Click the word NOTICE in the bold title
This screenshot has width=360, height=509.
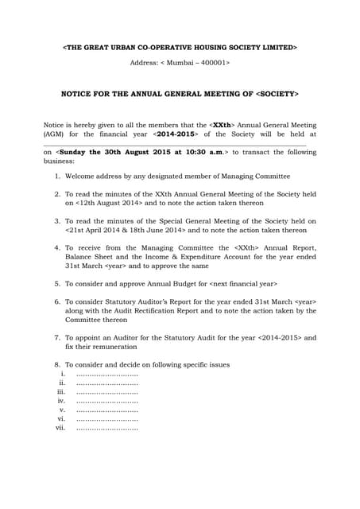[x=79, y=94]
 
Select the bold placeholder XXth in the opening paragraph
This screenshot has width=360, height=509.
[x=223, y=125]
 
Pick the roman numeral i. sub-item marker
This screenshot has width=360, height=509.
[x=63, y=374]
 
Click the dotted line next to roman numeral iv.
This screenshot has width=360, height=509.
[x=106, y=401]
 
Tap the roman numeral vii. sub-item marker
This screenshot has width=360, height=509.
[x=60, y=428]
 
